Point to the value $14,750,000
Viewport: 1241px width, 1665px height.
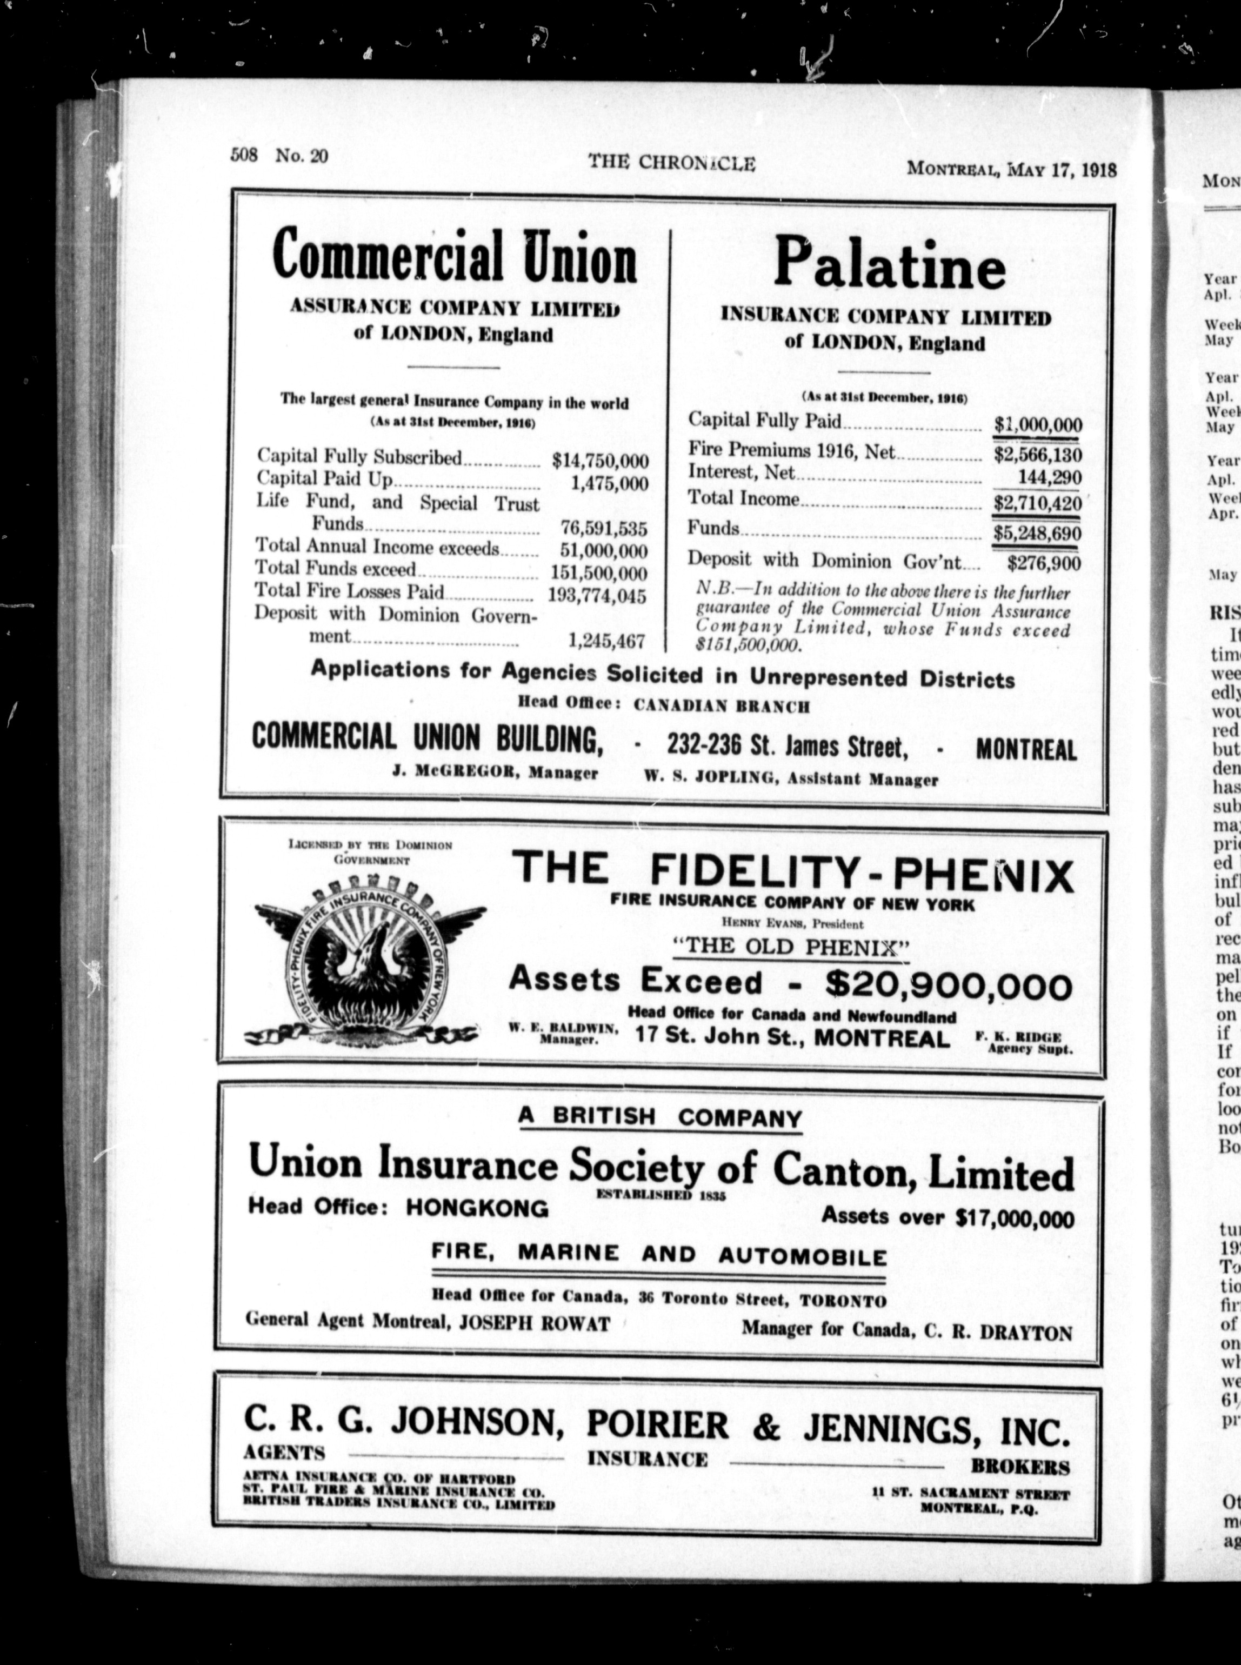point(599,460)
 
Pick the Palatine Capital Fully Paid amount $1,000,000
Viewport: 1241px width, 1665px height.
point(1037,424)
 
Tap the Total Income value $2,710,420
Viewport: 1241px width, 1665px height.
point(1037,503)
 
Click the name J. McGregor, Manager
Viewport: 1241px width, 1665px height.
point(495,773)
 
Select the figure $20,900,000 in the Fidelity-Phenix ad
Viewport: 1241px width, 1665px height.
point(948,984)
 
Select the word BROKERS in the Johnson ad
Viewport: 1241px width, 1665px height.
point(1020,1424)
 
